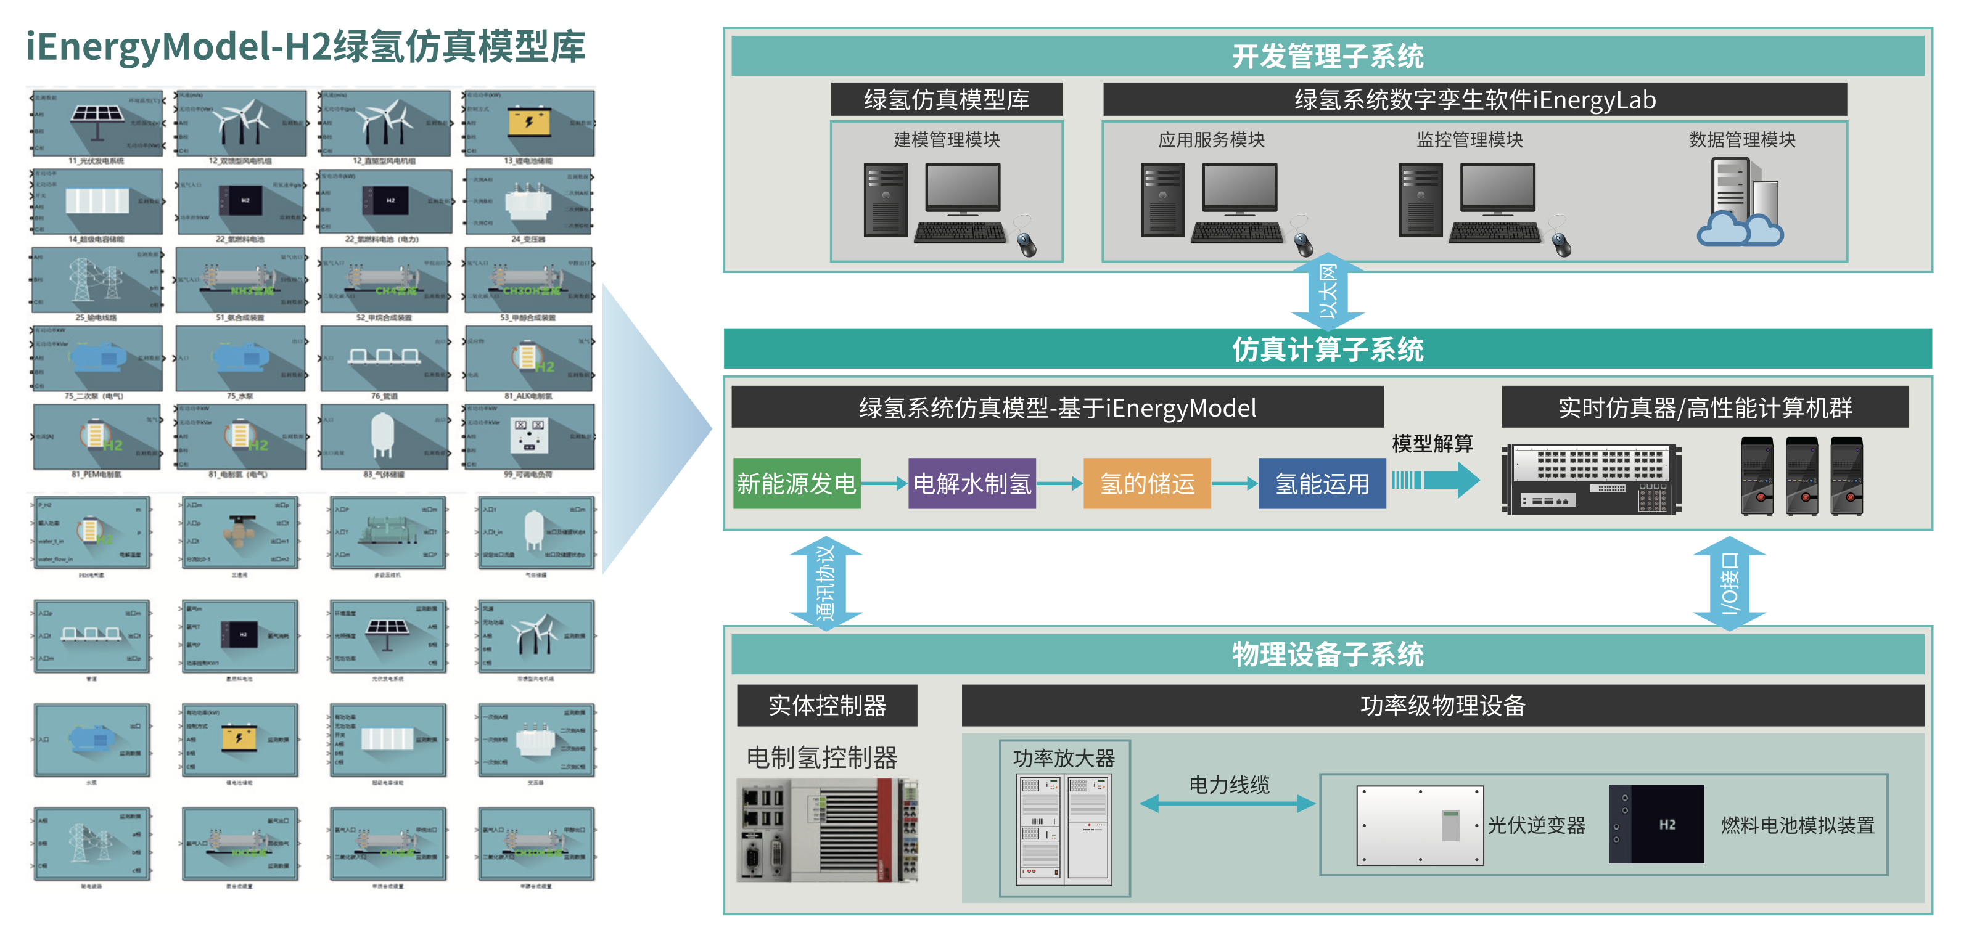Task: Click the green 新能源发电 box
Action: point(796,483)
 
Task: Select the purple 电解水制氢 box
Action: point(971,483)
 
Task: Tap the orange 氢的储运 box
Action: point(1146,483)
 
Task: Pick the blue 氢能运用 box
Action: point(1322,483)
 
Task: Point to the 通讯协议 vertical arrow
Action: point(826,582)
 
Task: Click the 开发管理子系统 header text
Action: point(1327,55)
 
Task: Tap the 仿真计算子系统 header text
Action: point(1327,349)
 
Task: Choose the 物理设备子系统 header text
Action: point(1327,654)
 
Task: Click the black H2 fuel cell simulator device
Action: point(1656,824)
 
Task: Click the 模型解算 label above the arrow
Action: point(1432,443)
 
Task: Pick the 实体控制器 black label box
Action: point(827,704)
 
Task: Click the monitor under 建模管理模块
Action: point(962,188)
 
